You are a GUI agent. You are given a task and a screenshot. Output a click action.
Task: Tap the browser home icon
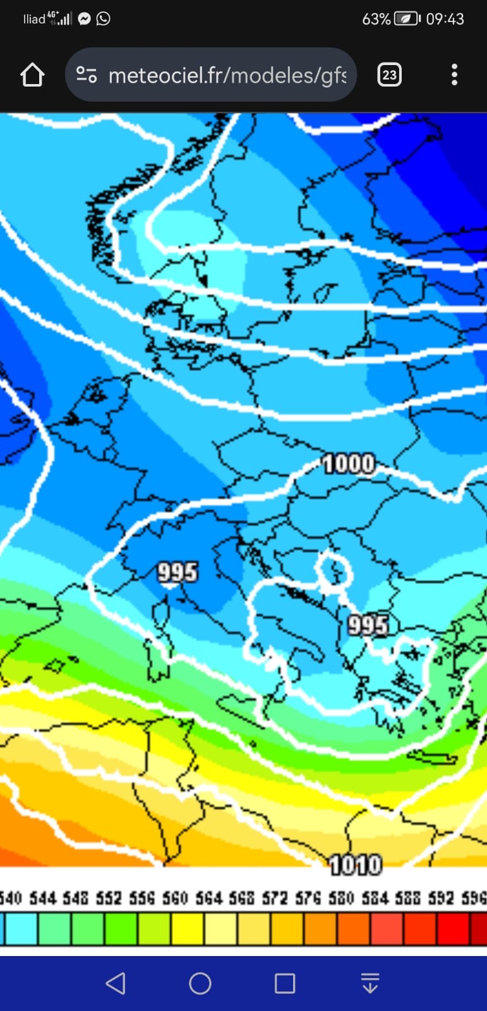tap(32, 75)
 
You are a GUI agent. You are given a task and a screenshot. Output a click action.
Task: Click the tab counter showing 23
tap(389, 75)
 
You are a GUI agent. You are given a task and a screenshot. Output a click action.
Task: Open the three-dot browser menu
tap(454, 75)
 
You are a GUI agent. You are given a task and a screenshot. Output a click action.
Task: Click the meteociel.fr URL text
tap(227, 76)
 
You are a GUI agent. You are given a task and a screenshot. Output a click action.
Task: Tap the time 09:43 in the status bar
tap(445, 19)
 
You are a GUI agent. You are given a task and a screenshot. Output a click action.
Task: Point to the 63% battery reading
tap(376, 19)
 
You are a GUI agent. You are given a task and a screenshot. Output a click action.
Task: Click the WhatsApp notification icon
tap(103, 18)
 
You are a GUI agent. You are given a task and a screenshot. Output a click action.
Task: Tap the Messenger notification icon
tap(85, 18)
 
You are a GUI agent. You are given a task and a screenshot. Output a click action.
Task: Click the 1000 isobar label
tap(349, 464)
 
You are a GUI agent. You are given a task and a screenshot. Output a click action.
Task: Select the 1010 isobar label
tap(356, 864)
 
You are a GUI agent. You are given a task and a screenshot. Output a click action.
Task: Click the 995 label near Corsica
tap(177, 572)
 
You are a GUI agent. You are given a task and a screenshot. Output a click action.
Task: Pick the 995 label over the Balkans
tap(368, 626)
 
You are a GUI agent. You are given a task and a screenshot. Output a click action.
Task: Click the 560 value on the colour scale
tap(175, 898)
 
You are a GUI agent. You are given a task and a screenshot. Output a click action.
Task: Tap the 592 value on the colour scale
tap(440, 898)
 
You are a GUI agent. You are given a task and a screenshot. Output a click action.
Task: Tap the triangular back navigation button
tap(115, 983)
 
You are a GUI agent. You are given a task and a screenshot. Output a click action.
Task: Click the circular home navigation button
tap(200, 983)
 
